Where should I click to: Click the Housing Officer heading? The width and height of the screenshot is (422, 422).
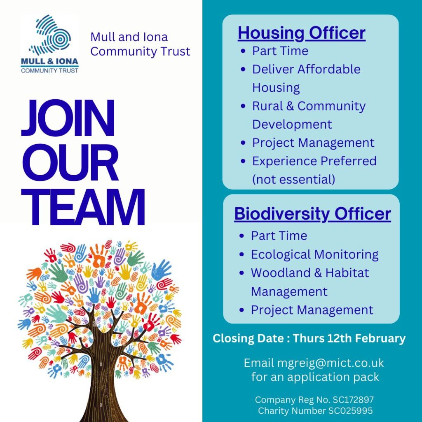coord(301,33)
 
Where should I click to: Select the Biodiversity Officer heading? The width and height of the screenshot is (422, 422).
coord(312,214)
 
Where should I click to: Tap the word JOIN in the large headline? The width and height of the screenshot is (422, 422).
coord(68,118)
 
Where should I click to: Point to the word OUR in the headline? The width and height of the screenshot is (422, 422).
coord(70,162)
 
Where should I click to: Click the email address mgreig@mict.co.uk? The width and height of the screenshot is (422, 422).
coord(331,363)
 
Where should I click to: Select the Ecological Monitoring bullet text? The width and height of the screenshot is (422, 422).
coord(314,255)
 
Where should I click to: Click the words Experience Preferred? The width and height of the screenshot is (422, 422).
coord(314,161)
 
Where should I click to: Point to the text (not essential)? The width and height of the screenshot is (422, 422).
coord(293,180)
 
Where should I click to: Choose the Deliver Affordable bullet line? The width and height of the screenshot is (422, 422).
coord(306,69)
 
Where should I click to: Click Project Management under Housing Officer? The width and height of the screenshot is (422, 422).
coord(313,143)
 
